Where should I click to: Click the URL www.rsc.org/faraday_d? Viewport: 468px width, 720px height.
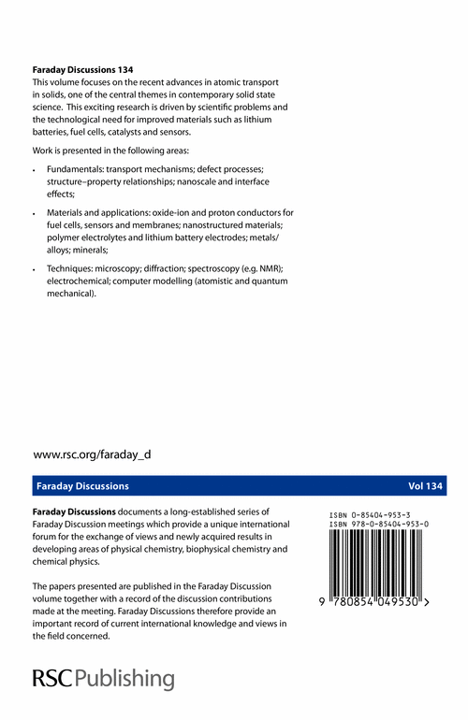[x=92, y=454]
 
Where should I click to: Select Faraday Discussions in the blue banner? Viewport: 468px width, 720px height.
[x=82, y=486]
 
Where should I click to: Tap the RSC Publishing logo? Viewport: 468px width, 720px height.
[x=103, y=678]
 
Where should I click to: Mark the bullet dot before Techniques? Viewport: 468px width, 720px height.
[x=35, y=269]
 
